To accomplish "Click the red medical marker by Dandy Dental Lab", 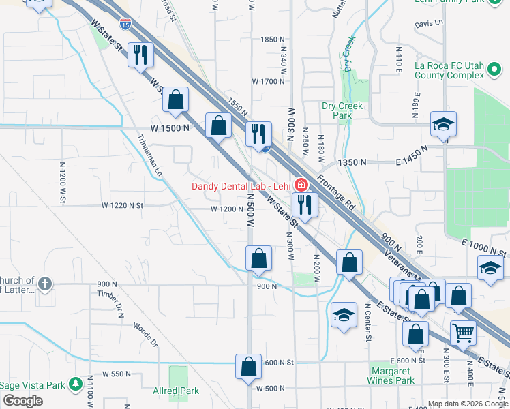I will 301,185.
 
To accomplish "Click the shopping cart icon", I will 463,333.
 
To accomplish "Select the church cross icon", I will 44,283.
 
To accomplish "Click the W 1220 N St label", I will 123,205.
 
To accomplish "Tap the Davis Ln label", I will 429,22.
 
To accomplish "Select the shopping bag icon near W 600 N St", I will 249,366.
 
